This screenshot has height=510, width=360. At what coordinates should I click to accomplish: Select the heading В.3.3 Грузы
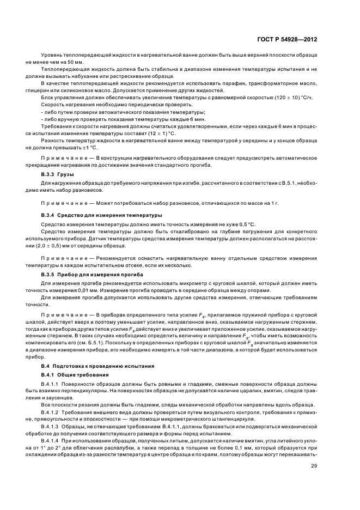pos(58,174)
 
